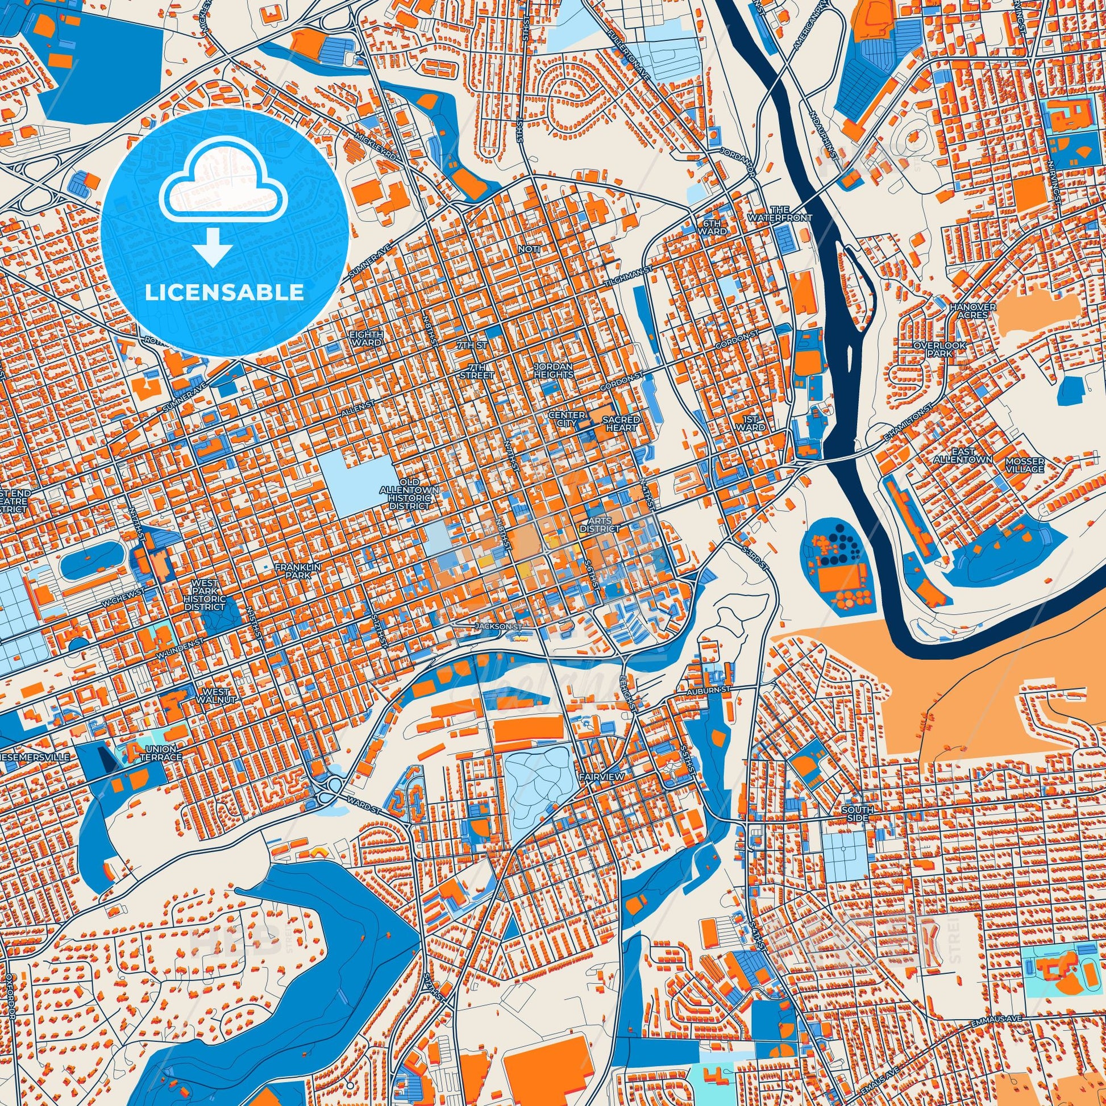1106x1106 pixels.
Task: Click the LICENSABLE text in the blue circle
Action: [x=224, y=293]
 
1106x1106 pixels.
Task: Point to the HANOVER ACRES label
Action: [x=964, y=311]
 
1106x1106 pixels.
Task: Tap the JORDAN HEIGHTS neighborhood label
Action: [x=553, y=370]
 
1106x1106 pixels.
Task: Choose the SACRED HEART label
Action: [x=621, y=423]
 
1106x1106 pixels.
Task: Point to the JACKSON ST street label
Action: [x=498, y=627]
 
